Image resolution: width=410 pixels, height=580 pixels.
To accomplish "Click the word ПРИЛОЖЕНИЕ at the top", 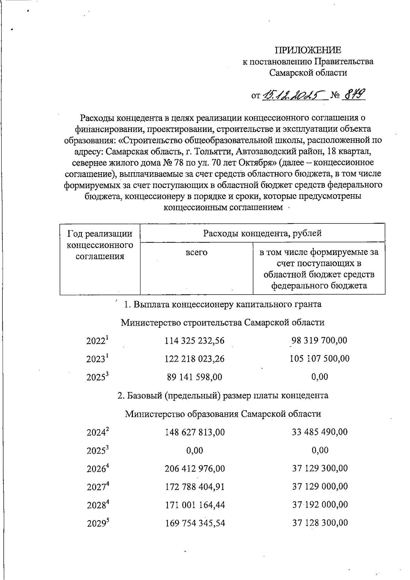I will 308,51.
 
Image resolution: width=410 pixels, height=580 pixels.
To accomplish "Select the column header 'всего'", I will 196,253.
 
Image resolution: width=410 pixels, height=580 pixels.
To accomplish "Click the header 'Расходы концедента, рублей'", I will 262,233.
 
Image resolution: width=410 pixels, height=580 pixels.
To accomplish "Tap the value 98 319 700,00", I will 319,340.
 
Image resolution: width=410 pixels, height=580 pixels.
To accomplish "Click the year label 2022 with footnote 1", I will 97,341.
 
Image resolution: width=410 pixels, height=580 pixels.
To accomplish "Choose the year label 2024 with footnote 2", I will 97,432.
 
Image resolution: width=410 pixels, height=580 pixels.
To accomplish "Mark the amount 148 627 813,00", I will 195,432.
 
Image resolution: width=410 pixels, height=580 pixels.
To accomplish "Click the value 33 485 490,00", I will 319,432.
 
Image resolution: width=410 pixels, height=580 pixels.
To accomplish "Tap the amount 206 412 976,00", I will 195,468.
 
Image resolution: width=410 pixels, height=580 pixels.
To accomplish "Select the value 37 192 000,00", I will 320,505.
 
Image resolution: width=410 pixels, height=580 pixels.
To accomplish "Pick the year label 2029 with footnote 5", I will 97,523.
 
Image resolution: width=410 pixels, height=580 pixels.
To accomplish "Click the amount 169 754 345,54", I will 195,523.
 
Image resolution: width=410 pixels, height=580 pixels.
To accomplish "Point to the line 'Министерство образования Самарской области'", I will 223,414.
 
